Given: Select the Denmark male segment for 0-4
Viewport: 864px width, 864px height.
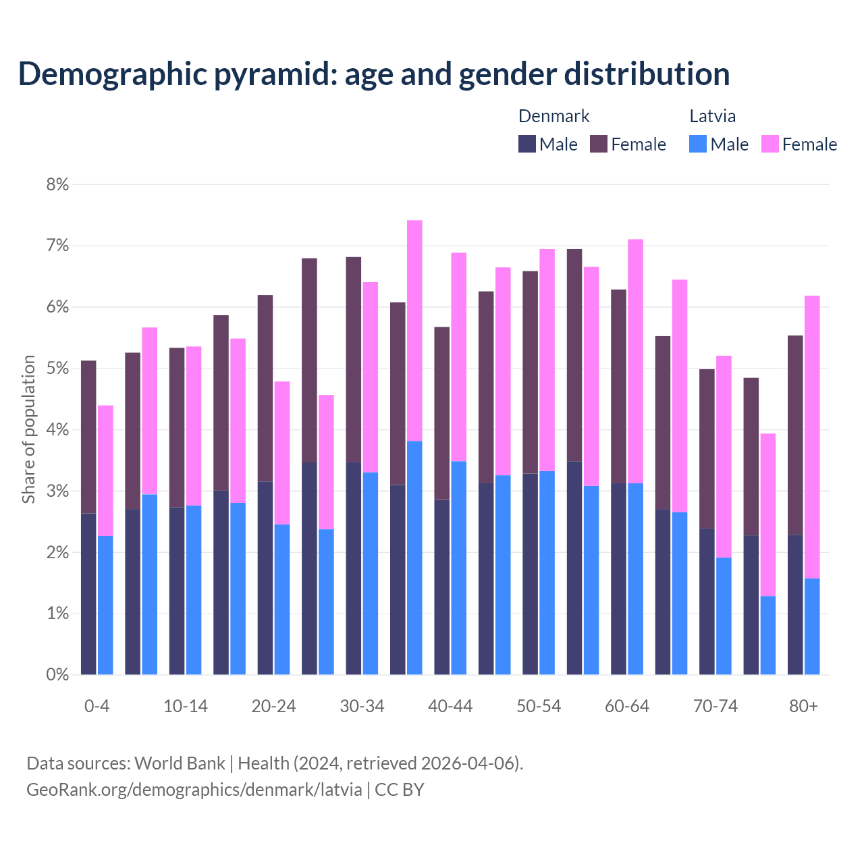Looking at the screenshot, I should (88, 594).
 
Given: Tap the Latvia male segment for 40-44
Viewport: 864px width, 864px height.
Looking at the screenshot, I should (459, 568).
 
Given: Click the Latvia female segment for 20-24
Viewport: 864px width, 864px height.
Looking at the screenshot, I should (282, 453).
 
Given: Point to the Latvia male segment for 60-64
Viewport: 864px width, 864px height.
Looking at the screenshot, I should (635, 578).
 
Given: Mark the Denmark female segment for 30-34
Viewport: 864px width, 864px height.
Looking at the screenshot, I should (354, 360).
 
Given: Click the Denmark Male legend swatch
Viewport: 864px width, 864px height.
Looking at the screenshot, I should (527, 144).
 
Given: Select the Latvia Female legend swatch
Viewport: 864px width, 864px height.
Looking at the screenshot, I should (770, 144).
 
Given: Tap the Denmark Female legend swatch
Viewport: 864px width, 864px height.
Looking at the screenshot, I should (599, 144).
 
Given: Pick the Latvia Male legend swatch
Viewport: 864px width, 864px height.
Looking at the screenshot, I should (698, 144).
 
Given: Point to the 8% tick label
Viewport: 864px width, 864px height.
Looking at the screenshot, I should (57, 184).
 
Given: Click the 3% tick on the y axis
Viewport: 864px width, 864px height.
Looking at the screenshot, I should (57, 491).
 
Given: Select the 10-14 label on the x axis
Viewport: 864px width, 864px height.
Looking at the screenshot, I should (186, 706).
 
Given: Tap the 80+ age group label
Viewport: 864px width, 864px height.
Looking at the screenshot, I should (803, 706).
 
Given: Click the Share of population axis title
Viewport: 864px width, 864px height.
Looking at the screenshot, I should (28, 429).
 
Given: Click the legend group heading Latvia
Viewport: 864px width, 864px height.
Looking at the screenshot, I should (712, 116).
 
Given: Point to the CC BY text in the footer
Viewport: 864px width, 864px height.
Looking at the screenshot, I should (400, 789).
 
